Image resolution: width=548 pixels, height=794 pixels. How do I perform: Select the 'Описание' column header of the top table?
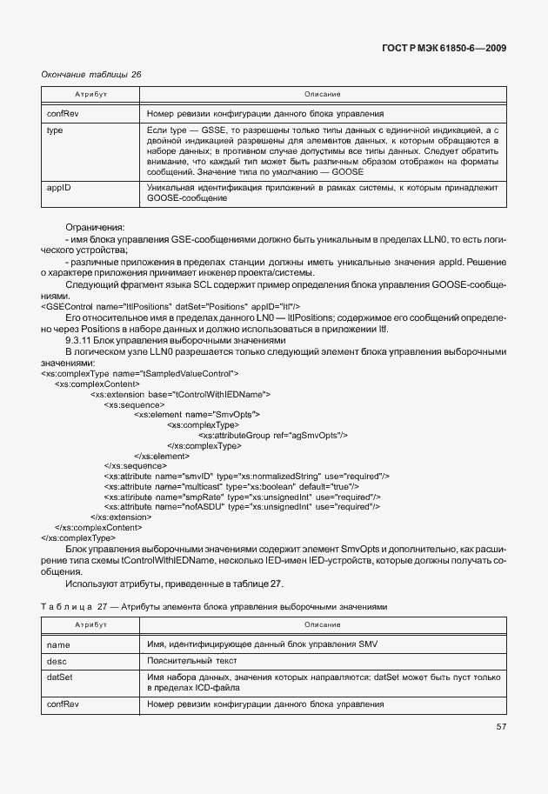322,93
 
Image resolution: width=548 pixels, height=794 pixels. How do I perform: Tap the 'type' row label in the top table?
54,130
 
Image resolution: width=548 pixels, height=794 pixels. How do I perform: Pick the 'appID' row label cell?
57,187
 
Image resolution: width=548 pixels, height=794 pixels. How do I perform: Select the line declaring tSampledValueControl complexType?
140,373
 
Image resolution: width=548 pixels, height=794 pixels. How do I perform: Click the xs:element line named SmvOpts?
197,414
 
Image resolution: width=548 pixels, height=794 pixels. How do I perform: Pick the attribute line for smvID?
246,476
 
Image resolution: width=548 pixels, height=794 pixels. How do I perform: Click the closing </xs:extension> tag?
120,517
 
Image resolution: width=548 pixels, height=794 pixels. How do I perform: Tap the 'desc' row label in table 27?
56,661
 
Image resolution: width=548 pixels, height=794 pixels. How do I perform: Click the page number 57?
502,726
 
